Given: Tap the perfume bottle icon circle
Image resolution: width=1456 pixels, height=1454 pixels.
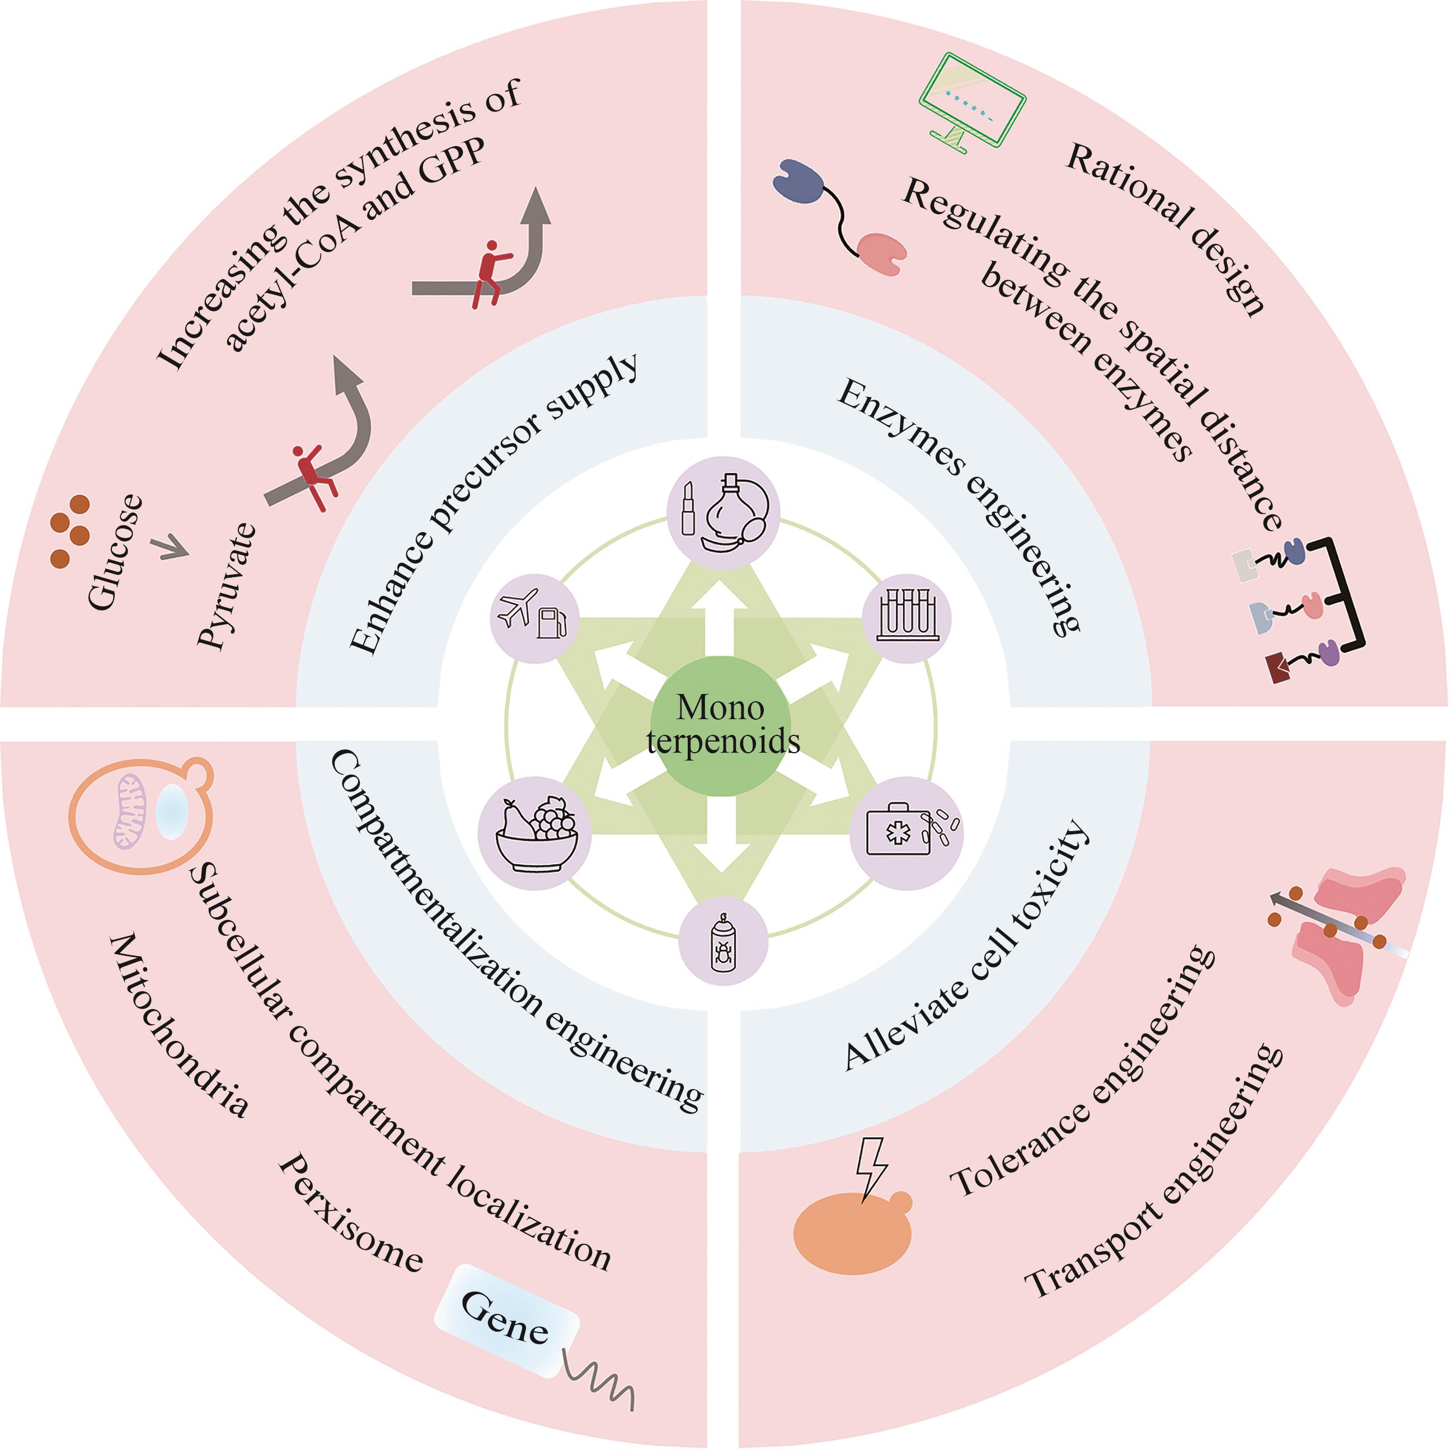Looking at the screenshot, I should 721,509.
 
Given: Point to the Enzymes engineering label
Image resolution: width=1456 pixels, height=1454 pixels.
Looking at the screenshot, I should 959,507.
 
